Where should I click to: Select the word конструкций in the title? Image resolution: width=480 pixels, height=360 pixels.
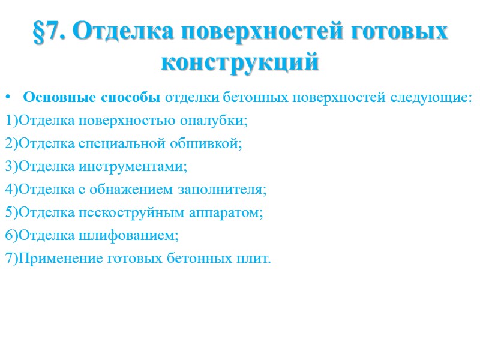coord(240,62)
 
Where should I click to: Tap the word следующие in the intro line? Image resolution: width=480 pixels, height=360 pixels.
coord(432,98)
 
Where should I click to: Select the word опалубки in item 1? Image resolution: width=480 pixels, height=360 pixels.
coord(218,121)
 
